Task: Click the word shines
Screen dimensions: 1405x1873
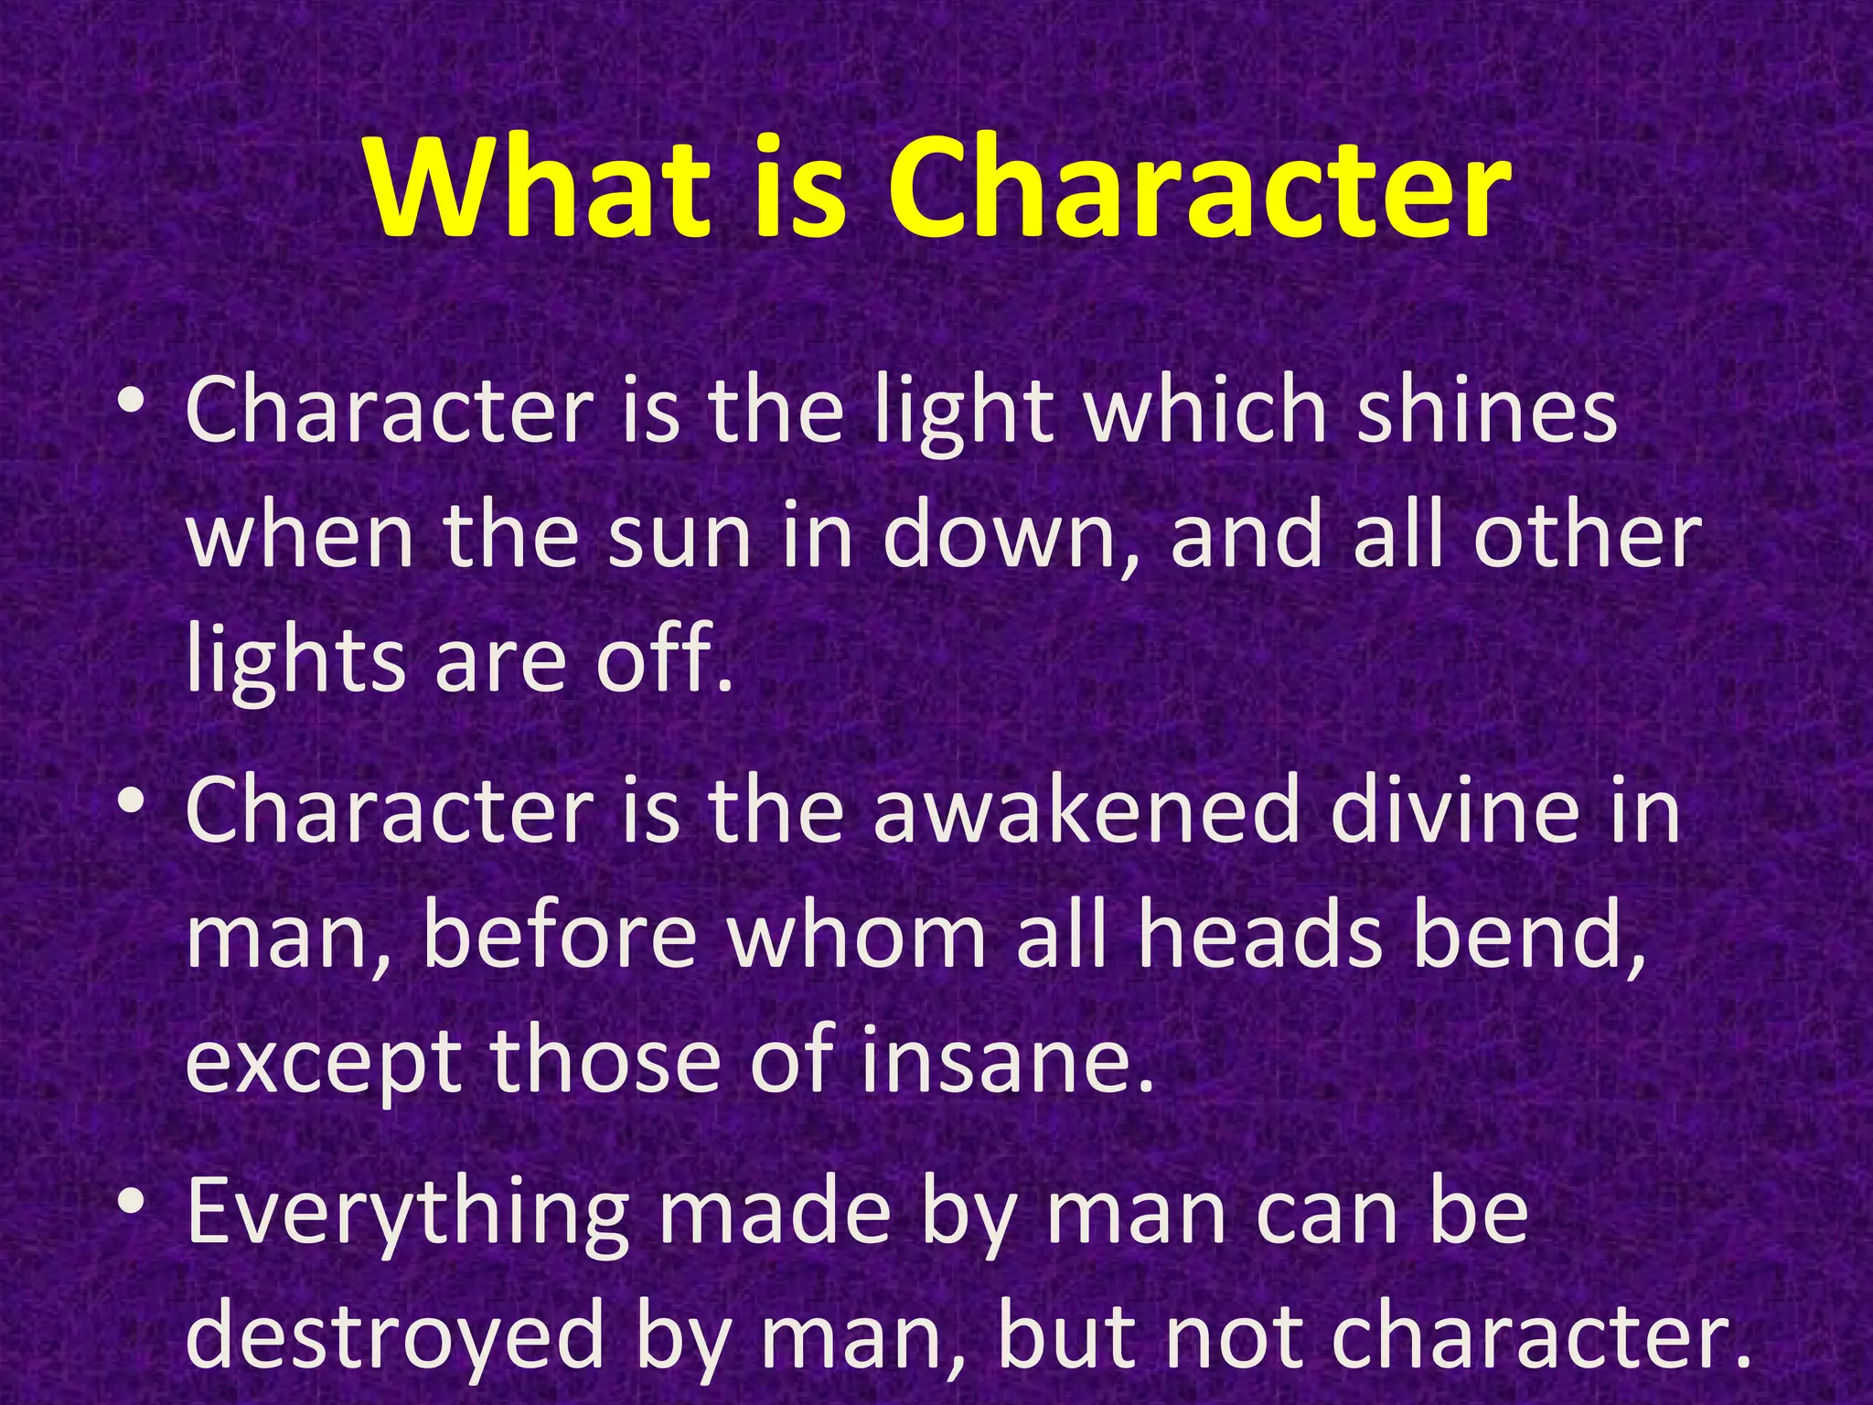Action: pos(1486,412)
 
